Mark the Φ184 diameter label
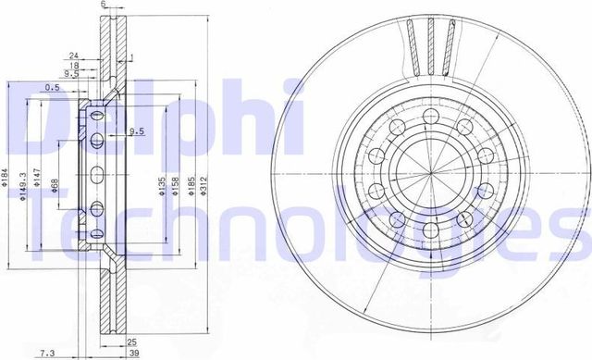pos(6,175)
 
